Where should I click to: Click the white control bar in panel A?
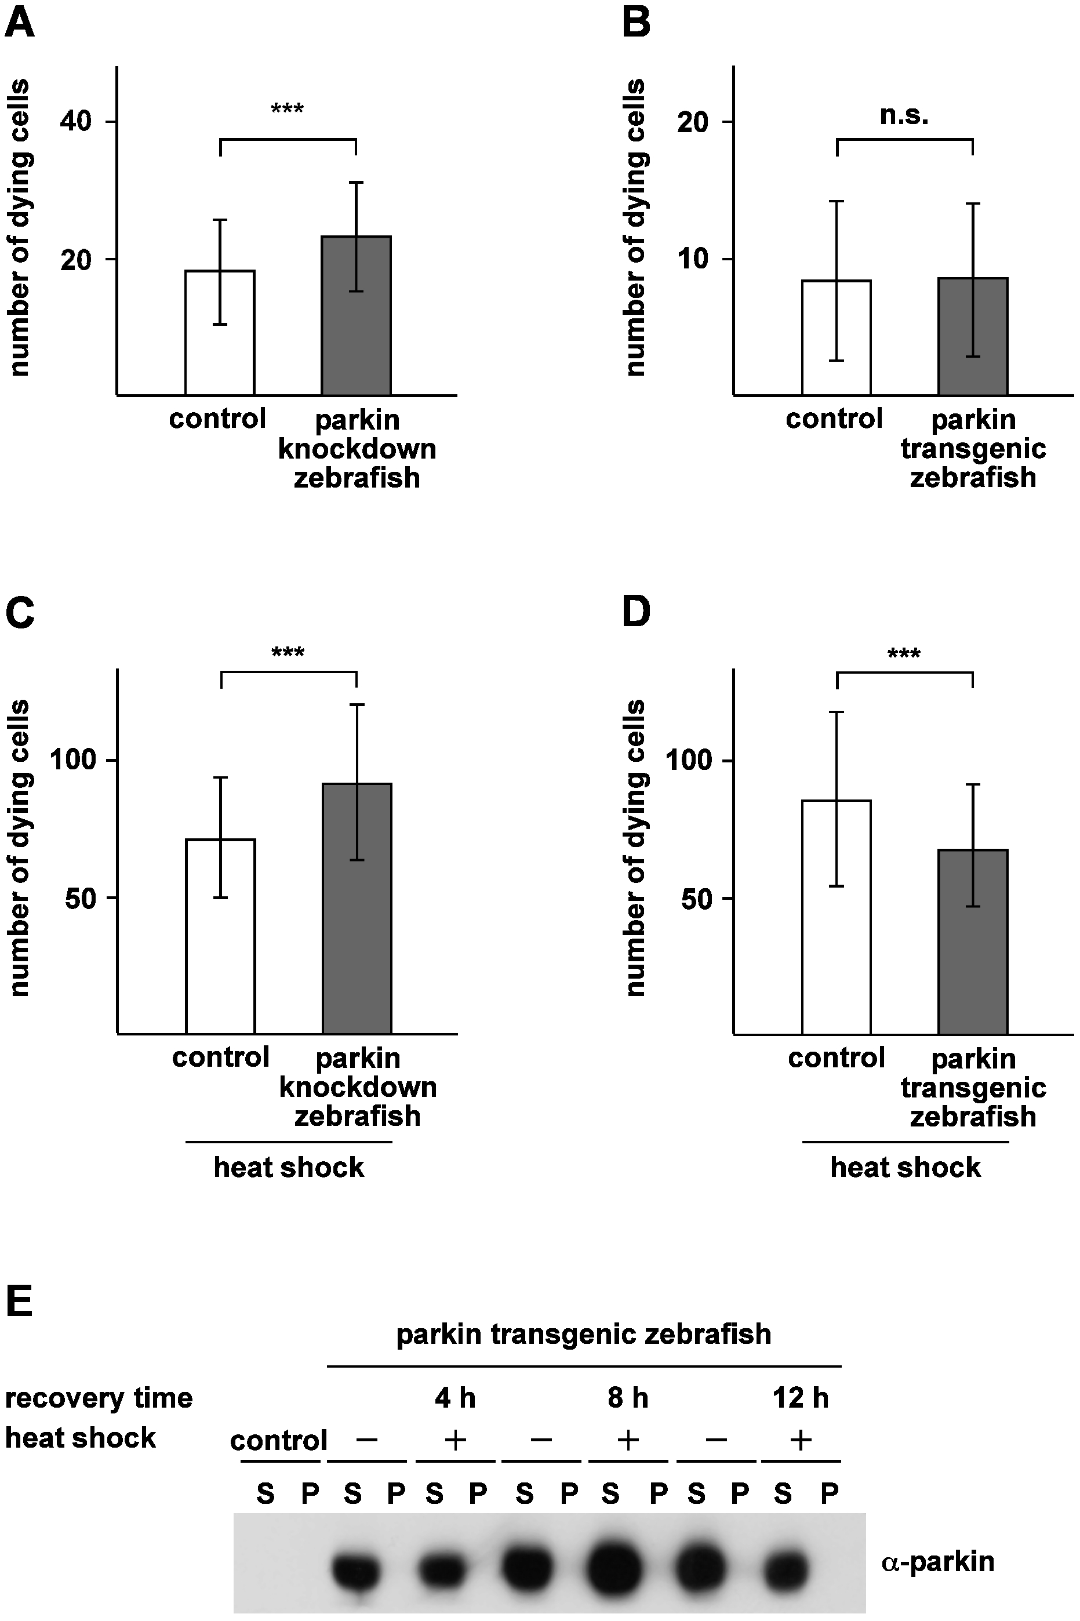220,333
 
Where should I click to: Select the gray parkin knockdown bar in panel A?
356,315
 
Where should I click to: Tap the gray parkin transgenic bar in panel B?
973,336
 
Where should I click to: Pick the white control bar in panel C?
220,936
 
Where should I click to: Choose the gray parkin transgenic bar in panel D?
973,942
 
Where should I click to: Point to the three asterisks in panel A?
287,110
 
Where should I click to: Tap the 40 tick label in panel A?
76,122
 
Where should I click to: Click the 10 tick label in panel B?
693,260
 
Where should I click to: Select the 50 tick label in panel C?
80,898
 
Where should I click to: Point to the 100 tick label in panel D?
688,760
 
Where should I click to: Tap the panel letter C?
19,612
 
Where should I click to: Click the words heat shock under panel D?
905,1168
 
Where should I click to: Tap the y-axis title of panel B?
635,227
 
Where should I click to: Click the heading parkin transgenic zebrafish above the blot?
583,1334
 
